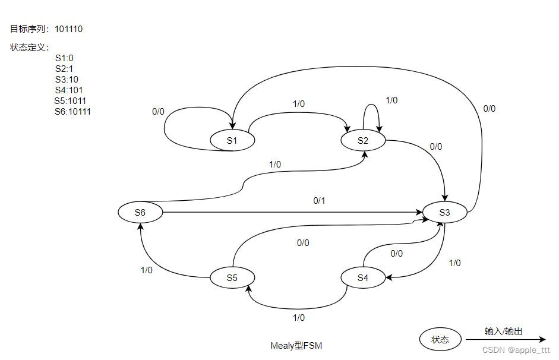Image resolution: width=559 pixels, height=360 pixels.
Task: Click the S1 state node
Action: click(x=232, y=141)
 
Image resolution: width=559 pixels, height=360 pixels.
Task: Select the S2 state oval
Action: click(x=363, y=141)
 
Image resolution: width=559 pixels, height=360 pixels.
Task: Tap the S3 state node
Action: click(x=445, y=212)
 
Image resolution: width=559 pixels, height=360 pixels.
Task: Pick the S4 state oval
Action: click(x=363, y=277)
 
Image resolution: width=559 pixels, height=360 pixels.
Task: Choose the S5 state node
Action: click(x=232, y=277)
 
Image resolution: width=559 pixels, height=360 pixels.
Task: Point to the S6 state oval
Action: click(x=140, y=212)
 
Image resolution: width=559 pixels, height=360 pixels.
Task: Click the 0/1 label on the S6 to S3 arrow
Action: click(x=320, y=201)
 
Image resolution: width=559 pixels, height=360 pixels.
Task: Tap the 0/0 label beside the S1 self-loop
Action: click(x=158, y=111)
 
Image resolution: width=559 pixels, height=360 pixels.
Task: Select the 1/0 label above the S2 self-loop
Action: click(x=391, y=100)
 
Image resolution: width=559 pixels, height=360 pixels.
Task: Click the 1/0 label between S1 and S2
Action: click(x=299, y=103)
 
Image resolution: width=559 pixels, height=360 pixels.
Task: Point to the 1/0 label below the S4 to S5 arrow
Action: click(x=299, y=318)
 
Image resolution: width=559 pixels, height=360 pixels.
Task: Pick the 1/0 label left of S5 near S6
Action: click(x=147, y=270)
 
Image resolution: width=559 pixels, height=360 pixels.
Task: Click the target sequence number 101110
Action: click(x=68, y=29)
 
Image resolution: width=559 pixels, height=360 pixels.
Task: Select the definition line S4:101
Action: click(x=67, y=90)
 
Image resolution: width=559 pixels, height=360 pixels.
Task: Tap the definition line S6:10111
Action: click(x=72, y=112)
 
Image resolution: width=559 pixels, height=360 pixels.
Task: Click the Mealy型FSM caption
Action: click(x=296, y=345)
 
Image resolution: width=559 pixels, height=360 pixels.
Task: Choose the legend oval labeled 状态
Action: click(x=440, y=340)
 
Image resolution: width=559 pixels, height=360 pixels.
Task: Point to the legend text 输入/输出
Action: click(x=504, y=331)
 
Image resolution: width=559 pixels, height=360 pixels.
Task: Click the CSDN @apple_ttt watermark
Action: click(x=516, y=350)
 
